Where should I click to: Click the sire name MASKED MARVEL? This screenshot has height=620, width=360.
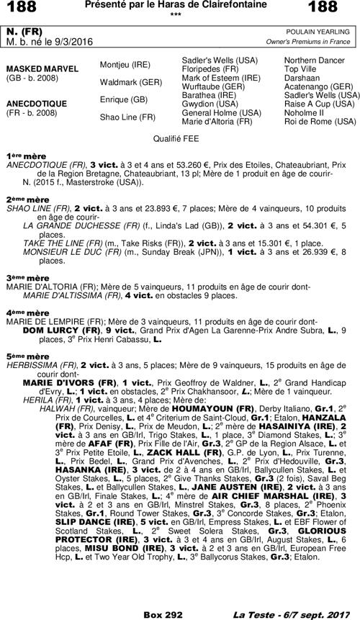[x=37, y=68]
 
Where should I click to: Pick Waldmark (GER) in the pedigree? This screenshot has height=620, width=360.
[x=130, y=81]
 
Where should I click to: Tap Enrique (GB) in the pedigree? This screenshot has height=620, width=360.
[x=124, y=99]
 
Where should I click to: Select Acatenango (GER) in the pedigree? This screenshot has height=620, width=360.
[x=318, y=86]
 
